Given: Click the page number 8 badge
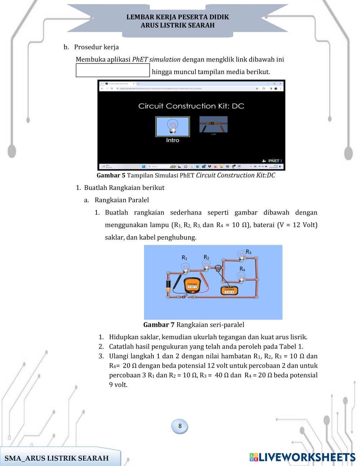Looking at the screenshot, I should [x=180, y=426].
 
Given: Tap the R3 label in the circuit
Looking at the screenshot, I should [x=248, y=252].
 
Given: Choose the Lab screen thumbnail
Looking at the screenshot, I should [x=213, y=125].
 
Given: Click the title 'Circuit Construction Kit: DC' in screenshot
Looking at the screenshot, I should [x=191, y=106].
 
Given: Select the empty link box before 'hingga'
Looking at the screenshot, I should [x=113, y=70].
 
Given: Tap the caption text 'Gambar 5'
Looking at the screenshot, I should [x=111, y=175].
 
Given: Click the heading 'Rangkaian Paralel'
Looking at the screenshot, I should [x=122, y=200].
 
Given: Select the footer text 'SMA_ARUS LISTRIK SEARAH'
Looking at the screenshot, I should [x=57, y=458].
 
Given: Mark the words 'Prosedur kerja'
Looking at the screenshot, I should [x=96, y=47].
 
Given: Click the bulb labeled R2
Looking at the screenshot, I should [x=206, y=265].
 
